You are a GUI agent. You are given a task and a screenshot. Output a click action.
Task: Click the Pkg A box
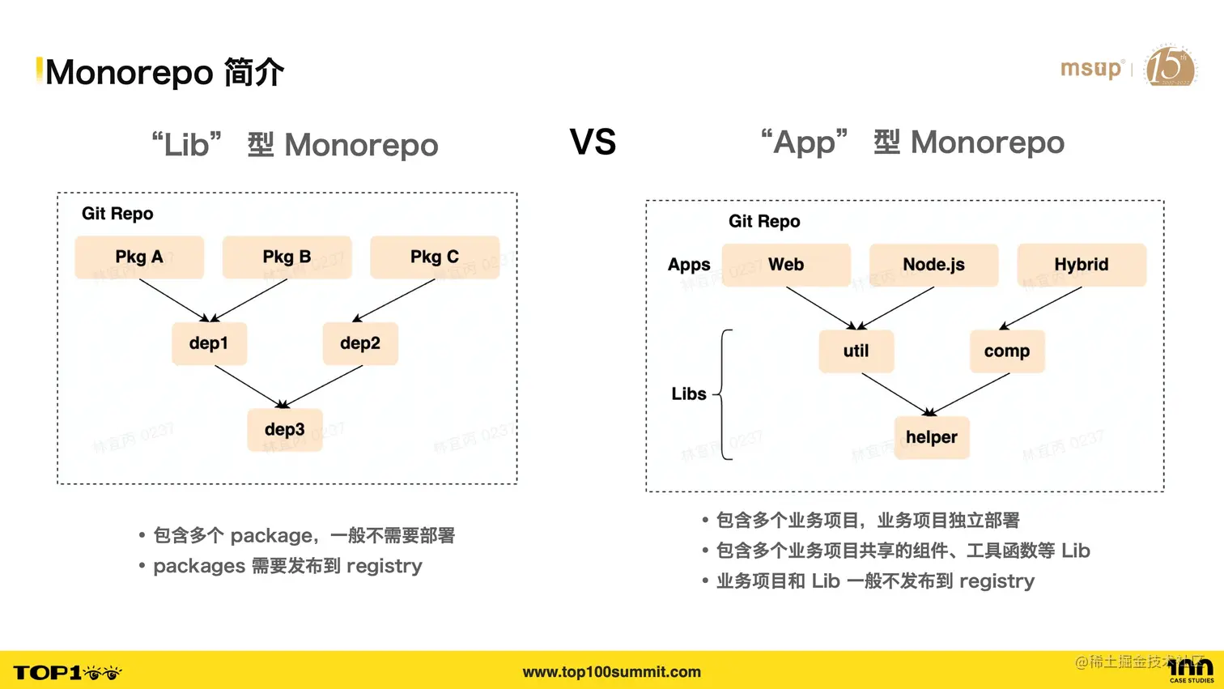click(x=139, y=257)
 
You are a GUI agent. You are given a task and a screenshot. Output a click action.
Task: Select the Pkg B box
click(x=287, y=257)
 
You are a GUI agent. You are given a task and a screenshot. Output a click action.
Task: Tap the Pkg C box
click(x=435, y=257)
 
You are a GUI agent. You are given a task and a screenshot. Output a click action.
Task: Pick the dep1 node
click(x=209, y=343)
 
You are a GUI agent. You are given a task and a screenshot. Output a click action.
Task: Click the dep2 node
click(x=360, y=343)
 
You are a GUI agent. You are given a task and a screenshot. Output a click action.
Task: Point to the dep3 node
click(x=285, y=429)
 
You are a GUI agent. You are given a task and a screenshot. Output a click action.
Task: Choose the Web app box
click(x=786, y=265)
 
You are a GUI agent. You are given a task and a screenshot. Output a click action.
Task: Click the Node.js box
click(x=933, y=265)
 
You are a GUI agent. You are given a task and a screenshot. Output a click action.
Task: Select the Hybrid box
click(x=1082, y=265)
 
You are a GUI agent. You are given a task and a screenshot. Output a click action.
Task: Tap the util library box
click(x=856, y=351)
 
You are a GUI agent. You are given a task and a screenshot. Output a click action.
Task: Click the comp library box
click(x=1007, y=351)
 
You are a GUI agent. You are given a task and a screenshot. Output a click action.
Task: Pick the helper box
click(x=932, y=437)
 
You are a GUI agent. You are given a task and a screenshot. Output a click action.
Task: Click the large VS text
click(x=593, y=142)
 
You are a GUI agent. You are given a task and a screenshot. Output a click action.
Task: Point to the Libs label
click(x=689, y=394)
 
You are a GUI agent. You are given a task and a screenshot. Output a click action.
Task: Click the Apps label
click(x=689, y=265)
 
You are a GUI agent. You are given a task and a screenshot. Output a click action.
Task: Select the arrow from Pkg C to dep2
click(x=394, y=300)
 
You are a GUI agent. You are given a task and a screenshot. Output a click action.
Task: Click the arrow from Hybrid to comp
click(x=1041, y=308)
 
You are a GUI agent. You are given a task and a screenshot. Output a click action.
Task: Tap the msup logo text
click(x=1091, y=69)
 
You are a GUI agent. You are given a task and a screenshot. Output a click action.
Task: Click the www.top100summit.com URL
click(x=612, y=672)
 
